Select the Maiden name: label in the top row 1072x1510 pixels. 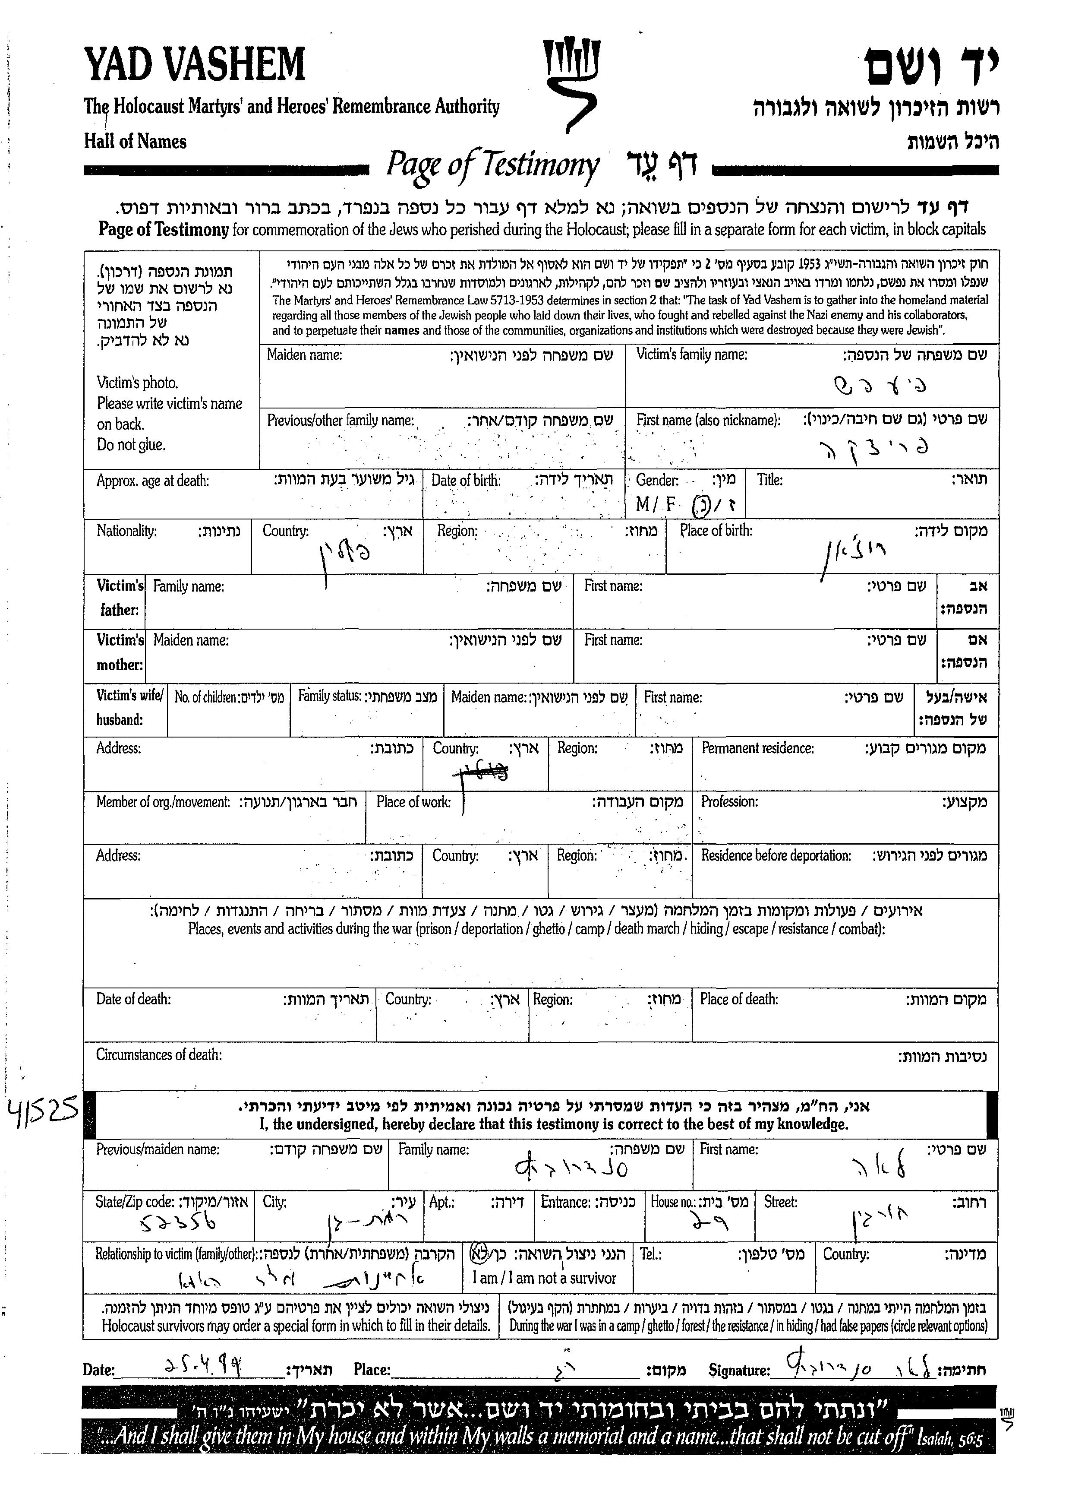click(x=304, y=355)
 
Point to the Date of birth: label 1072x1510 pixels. click(x=466, y=480)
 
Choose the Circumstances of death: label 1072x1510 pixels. click(x=159, y=1054)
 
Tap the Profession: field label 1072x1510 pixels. click(x=729, y=802)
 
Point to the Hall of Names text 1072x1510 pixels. click(x=136, y=141)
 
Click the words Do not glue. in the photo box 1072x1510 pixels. click(x=131, y=445)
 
